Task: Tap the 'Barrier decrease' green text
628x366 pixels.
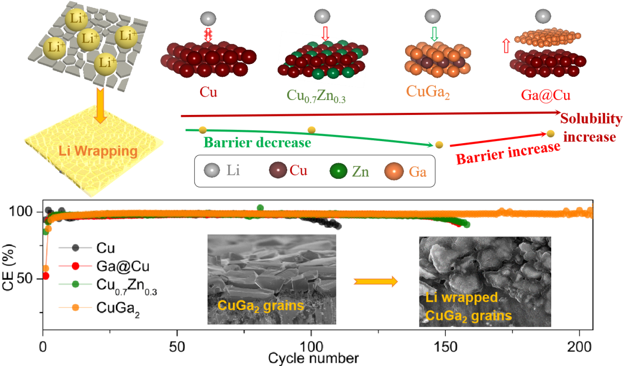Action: point(258,143)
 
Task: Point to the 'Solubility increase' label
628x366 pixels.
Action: point(590,128)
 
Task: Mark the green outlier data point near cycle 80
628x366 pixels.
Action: point(261,208)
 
